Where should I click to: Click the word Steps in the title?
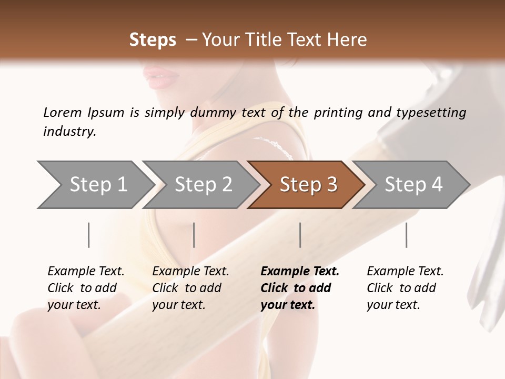(x=153, y=39)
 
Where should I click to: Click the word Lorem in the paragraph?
(x=63, y=112)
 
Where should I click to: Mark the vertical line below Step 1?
(x=88, y=235)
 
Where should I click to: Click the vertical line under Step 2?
(x=194, y=235)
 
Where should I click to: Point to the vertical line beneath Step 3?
(x=300, y=235)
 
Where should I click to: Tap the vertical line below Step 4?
(x=406, y=235)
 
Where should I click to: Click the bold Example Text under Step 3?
(x=300, y=272)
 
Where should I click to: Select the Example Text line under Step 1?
(x=86, y=272)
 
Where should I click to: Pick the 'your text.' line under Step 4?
(x=393, y=305)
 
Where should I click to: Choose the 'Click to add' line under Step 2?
(x=187, y=288)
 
